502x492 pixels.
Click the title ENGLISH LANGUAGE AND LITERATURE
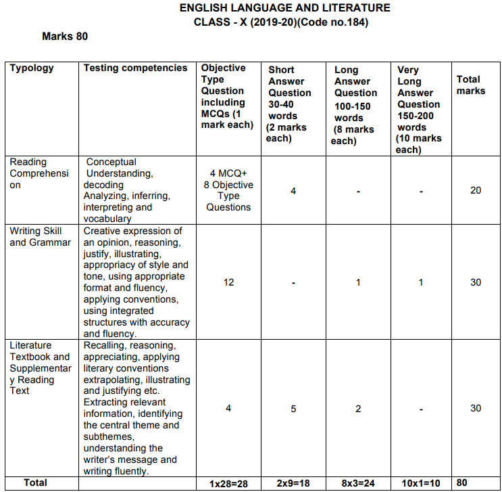[284, 8]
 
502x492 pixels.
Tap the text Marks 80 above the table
[65, 36]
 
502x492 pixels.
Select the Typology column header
[32, 68]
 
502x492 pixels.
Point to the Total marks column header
[470, 85]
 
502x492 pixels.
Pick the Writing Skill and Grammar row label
[40, 236]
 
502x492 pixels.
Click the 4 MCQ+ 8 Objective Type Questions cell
[228, 190]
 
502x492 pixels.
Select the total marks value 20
[476, 190]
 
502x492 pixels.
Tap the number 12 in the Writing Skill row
[228, 282]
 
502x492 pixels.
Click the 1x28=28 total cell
[228, 484]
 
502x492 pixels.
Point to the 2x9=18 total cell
[293, 484]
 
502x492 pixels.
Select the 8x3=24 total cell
[358, 484]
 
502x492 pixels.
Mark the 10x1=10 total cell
[420, 484]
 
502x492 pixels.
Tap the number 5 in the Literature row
[293, 408]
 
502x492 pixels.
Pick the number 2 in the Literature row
[358, 408]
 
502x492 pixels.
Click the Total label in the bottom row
[36, 483]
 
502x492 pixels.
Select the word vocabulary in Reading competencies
[108, 219]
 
